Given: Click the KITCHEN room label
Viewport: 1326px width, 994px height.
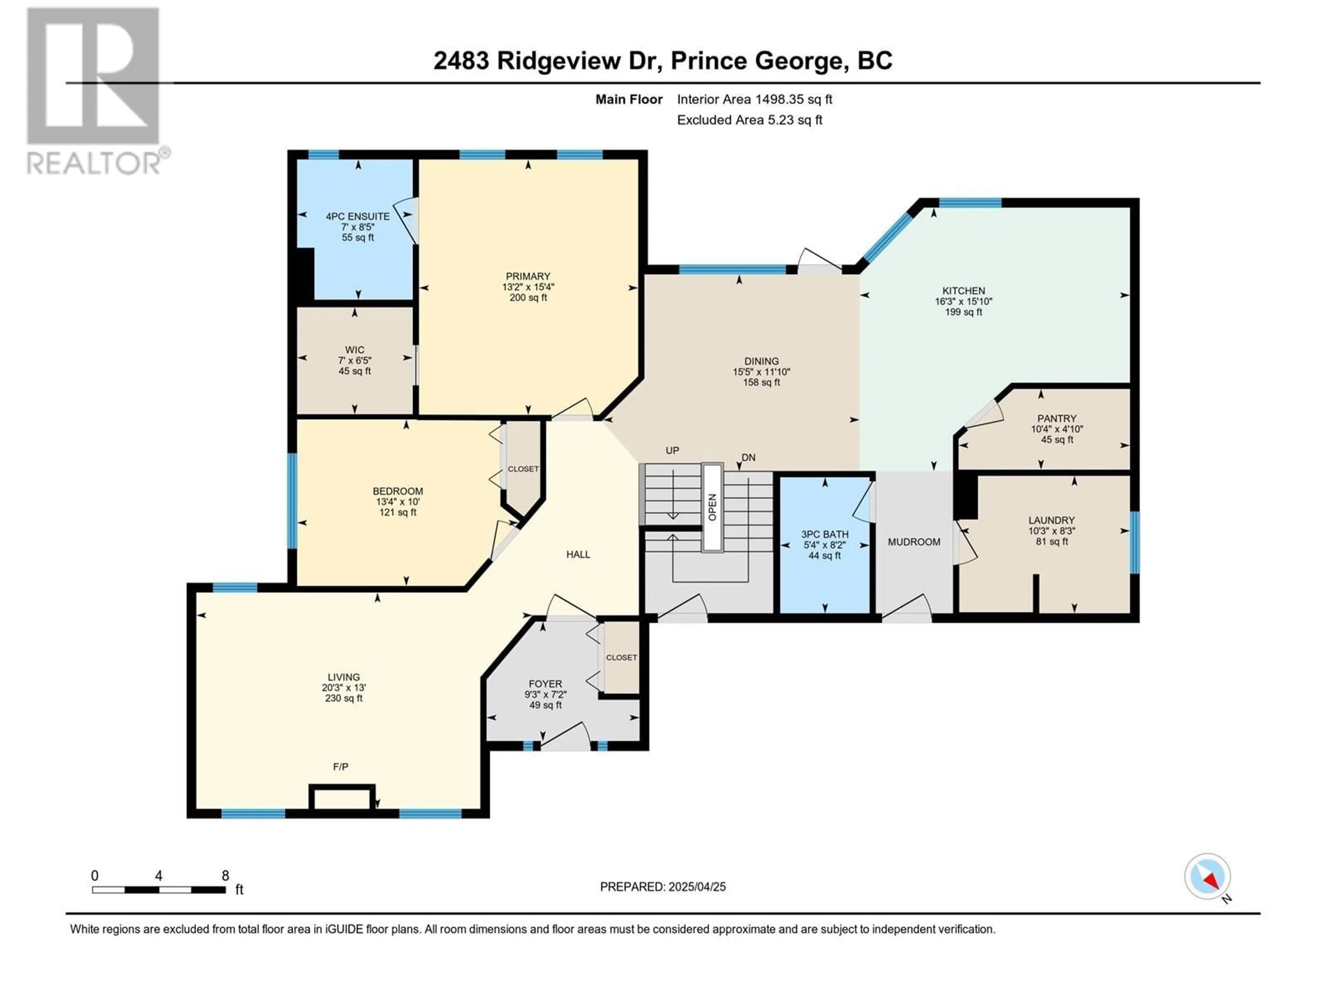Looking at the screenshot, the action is coord(963,291).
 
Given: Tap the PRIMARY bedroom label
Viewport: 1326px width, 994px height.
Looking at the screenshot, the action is coord(528,276).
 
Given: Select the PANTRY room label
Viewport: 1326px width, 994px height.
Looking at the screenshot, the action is coord(1057,418).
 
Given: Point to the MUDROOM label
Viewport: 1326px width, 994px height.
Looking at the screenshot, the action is coord(914,542).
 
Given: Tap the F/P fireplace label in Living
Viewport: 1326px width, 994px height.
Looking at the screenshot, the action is coord(340,766).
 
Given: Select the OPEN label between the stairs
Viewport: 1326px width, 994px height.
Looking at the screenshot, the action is coord(712,507).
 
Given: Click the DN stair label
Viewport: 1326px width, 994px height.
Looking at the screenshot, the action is coord(748,457).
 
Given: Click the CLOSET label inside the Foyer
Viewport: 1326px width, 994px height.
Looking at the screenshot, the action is coord(621,657).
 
